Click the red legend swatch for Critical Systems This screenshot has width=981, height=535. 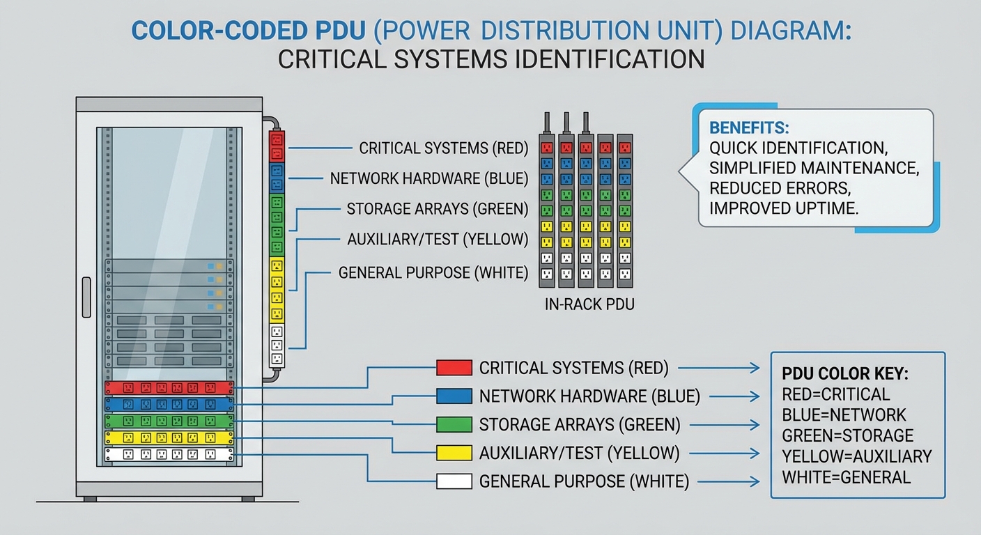click(x=454, y=367)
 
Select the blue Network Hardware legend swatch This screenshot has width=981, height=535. click(x=454, y=396)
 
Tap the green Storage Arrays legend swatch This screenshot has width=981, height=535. click(x=454, y=424)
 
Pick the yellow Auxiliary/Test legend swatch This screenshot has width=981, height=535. click(x=454, y=453)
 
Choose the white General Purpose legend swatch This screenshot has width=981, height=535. click(x=454, y=481)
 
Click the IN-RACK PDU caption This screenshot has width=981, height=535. click(x=589, y=304)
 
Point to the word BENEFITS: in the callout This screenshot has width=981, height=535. click(x=749, y=128)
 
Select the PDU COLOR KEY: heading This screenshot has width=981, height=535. click(x=845, y=374)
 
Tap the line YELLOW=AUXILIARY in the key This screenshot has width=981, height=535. click(x=857, y=456)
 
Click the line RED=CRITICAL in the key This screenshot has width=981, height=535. click(x=836, y=394)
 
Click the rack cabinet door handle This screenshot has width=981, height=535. click(x=86, y=297)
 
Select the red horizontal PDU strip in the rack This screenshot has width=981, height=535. click(x=169, y=388)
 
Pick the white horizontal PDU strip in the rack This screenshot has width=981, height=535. click(x=169, y=455)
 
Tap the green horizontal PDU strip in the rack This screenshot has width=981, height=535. click(x=169, y=421)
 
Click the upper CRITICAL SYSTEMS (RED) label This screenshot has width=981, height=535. click(x=443, y=148)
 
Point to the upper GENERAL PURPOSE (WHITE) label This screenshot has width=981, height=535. click(x=433, y=272)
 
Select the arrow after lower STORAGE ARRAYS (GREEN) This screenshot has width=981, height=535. click(x=729, y=425)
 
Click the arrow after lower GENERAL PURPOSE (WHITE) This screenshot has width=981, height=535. click(x=729, y=481)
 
